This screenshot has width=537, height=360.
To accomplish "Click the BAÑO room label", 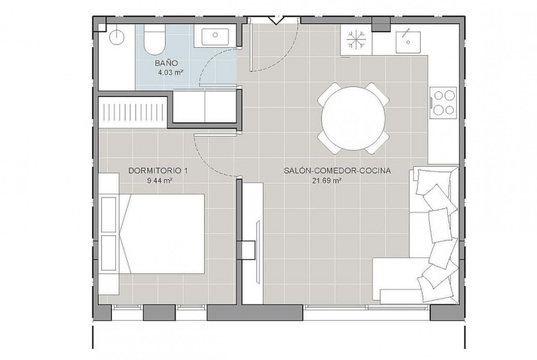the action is point(167,63).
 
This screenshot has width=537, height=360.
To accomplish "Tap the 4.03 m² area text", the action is point(169,72).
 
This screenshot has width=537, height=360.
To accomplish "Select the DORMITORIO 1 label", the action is point(158,171).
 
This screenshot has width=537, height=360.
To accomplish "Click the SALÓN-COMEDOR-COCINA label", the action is point(337,171).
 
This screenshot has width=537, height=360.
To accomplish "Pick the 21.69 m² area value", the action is point(326,181).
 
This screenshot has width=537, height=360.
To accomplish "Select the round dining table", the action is point(353,118).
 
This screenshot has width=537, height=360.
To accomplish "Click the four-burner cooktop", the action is point(444,102).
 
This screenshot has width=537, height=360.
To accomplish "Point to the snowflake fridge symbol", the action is point(356,40).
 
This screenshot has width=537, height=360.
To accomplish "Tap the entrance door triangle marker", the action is point(275,21).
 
